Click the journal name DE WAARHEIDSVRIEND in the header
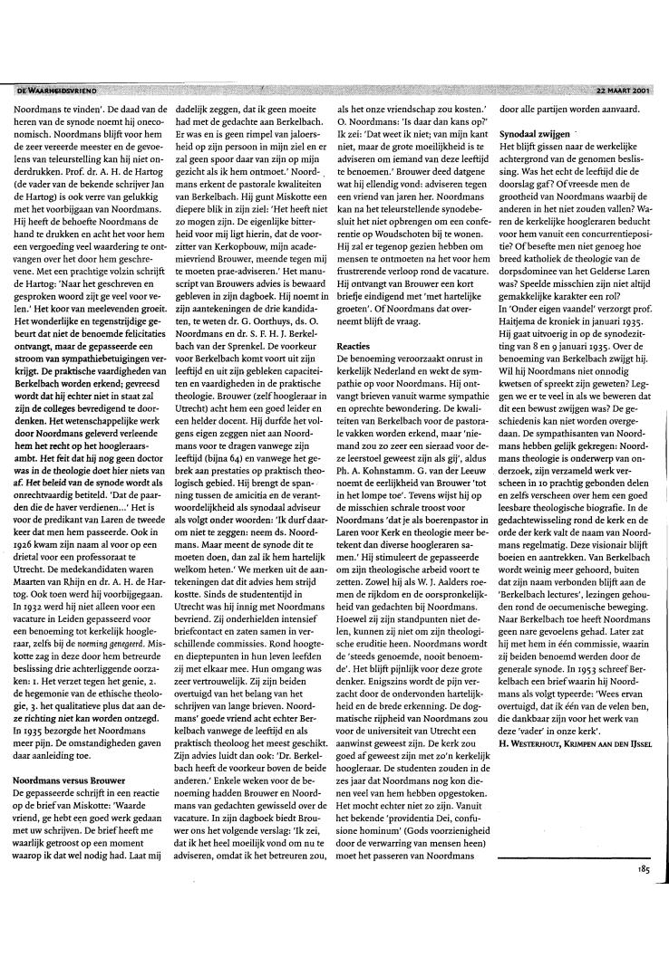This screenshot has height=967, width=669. coord(57,89)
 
